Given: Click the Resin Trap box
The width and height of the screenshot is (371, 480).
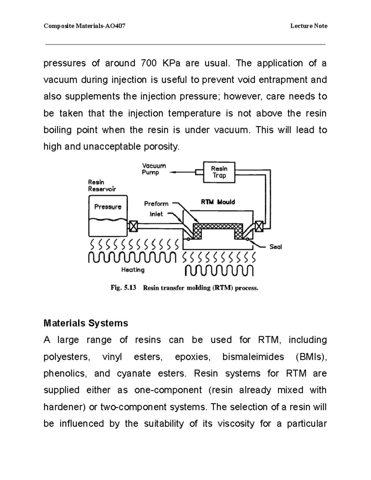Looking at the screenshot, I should click(219, 172).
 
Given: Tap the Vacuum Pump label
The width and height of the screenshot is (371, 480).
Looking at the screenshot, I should click(154, 169).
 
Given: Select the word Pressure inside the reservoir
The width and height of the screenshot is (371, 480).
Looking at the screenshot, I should click(108, 207).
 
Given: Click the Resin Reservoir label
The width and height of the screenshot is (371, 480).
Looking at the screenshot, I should click(102, 185).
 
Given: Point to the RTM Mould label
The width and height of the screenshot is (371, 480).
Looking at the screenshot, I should click(218, 202).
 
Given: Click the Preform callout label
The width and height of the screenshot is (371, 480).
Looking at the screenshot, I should click(156, 204).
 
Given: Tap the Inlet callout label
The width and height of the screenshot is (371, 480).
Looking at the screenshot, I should click(156, 214).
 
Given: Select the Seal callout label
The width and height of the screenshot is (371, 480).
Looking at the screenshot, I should click(275, 247).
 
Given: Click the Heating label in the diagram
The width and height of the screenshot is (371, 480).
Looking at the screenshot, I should click(133, 270).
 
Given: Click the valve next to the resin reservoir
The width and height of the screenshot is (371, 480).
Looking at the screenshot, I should click(133, 227).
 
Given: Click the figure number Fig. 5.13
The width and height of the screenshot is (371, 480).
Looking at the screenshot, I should click(123, 288).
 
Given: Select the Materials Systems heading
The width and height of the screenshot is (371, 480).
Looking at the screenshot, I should click(86, 323).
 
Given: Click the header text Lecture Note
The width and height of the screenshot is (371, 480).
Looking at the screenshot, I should click(309, 26).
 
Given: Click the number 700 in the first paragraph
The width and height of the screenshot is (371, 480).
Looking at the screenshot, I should click(148, 63).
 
